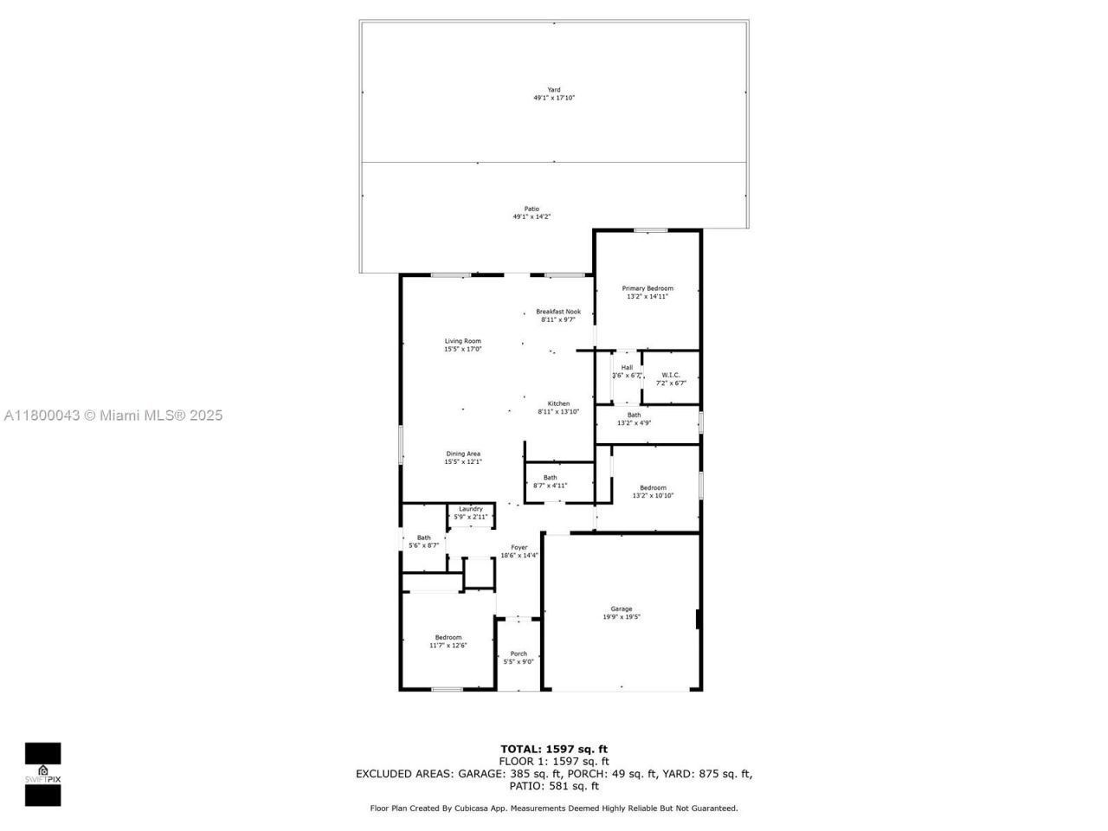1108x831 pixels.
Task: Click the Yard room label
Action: pyautogui.click(x=553, y=89)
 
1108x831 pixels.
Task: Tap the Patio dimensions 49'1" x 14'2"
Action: pyautogui.click(x=531, y=217)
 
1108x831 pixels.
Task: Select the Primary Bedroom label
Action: pyautogui.click(x=647, y=288)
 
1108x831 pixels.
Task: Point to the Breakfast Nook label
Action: pyautogui.click(x=558, y=312)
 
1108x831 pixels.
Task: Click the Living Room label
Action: pyautogui.click(x=462, y=341)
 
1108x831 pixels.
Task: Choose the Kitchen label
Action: pyautogui.click(x=558, y=403)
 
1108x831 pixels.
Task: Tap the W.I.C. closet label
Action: pyautogui.click(x=671, y=375)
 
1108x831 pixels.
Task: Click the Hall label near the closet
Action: pyautogui.click(x=627, y=367)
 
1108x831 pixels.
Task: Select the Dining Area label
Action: pyautogui.click(x=463, y=454)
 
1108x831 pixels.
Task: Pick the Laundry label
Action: pyautogui.click(x=471, y=509)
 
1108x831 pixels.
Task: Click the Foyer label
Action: pyautogui.click(x=519, y=547)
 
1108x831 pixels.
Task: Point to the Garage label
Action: pyautogui.click(x=622, y=609)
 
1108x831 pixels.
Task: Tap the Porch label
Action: pyautogui.click(x=519, y=654)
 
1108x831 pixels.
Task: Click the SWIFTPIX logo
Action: pyautogui.click(x=42, y=774)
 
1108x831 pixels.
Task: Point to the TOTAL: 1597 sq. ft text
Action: pyautogui.click(x=554, y=749)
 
